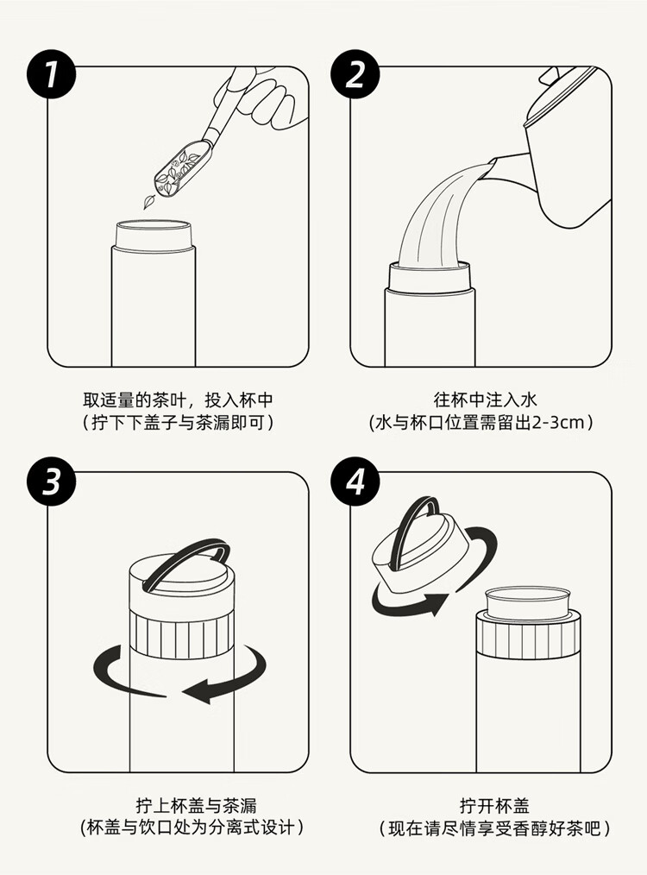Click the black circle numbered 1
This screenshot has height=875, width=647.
point(51,74)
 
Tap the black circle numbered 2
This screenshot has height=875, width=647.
point(355,74)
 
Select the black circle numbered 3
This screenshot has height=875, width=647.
point(51,481)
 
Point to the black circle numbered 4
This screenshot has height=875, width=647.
point(355,481)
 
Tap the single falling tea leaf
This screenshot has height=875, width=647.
point(149,202)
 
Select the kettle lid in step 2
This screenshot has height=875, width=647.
point(561,95)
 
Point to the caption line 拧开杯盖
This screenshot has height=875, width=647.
point(494,806)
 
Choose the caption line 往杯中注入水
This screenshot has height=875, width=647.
point(485,400)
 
